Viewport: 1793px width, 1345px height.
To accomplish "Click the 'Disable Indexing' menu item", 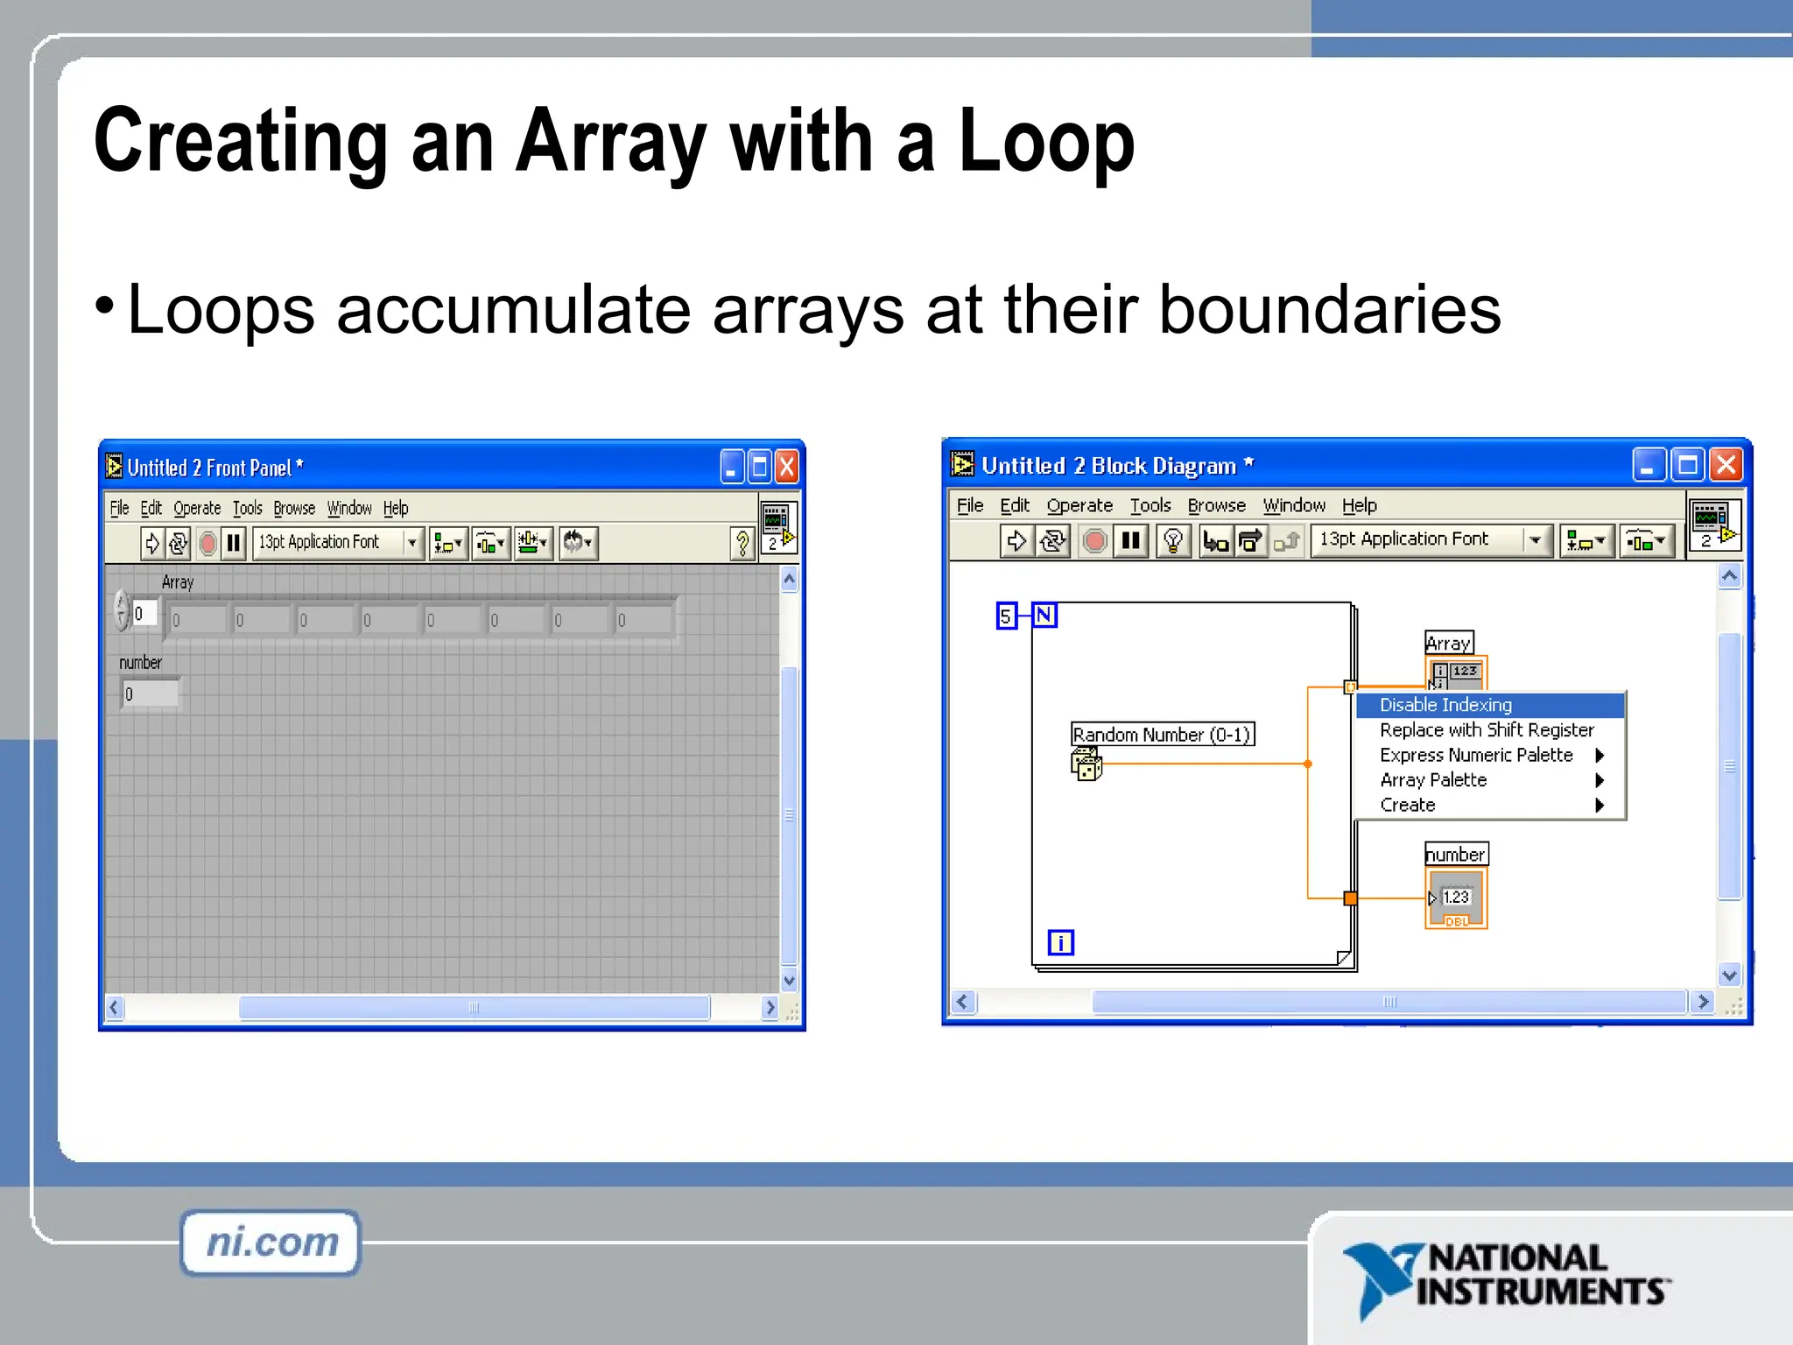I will click(1445, 705).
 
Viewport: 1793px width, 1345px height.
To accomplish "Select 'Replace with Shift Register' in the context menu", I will click(1486, 730).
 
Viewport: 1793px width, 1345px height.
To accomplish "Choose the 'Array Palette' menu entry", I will click(1433, 780).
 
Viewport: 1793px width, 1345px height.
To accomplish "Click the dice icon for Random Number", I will click(1086, 764).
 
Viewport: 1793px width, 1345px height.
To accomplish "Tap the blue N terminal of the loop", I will click(1044, 616).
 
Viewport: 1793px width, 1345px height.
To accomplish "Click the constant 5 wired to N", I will click(1006, 616).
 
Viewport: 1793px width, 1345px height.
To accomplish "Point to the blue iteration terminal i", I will click(1060, 943).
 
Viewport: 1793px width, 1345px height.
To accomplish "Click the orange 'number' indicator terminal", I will click(1456, 898).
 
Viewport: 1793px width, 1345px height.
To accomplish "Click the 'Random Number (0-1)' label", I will click(1162, 735).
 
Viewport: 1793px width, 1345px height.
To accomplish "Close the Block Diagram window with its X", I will click(1726, 465).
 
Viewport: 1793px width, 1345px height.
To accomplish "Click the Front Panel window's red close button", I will click(787, 468).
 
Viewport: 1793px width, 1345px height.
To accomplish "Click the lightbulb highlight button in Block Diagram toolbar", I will click(1173, 540).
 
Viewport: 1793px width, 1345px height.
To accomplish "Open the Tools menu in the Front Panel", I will click(247, 509).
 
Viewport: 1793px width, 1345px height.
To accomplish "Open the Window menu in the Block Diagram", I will click(1293, 506).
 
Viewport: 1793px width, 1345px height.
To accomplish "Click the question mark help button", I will click(742, 543).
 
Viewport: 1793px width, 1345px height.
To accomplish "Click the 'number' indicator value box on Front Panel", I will click(151, 694).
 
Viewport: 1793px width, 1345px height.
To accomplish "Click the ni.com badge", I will click(271, 1243).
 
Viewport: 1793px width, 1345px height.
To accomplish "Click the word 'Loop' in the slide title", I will click(1046, 142).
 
